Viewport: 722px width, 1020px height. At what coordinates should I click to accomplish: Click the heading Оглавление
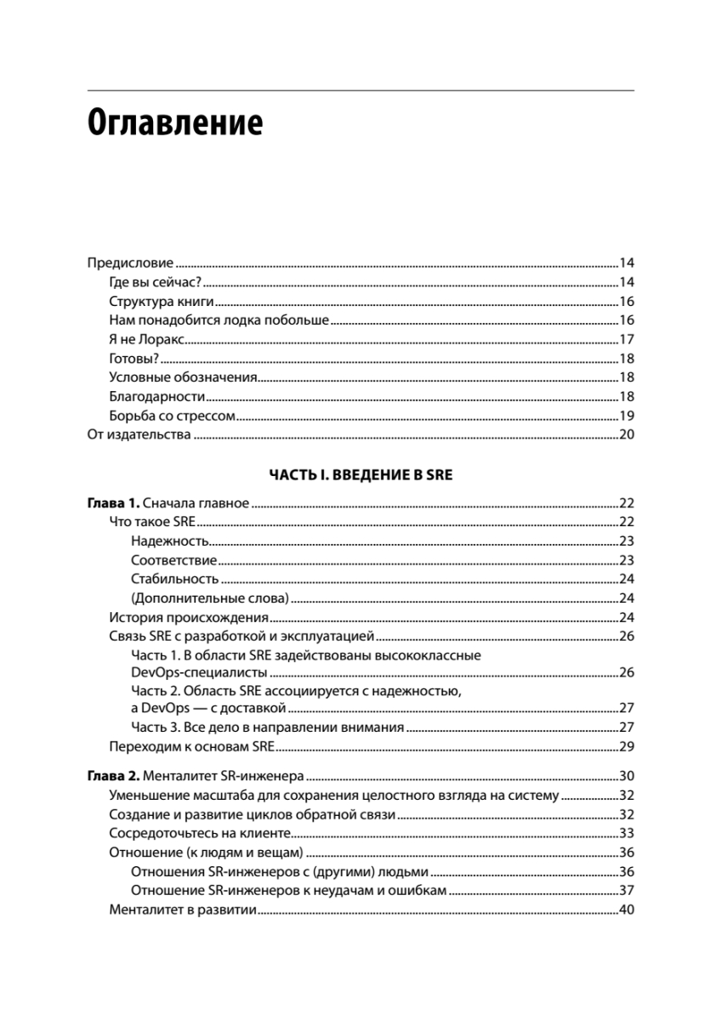(175, 123)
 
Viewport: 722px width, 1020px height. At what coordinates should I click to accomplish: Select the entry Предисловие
(131, 263)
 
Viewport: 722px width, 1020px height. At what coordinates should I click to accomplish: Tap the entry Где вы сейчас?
(155, 282)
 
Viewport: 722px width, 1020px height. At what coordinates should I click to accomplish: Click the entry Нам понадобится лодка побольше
(219, 320)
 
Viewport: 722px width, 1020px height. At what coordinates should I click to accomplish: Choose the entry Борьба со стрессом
(172, 416)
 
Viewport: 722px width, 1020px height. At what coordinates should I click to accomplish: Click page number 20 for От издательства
(627, 436)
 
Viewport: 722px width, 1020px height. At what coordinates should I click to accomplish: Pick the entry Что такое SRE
(147, 522)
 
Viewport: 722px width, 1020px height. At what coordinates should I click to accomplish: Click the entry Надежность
(170, 541)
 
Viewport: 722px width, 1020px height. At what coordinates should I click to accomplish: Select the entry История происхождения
(190, 617)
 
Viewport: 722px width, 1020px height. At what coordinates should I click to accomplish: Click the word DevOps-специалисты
(201, 673)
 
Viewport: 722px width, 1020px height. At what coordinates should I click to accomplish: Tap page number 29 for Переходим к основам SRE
(627, 748)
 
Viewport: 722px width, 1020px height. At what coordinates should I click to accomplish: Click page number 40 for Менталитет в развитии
(627, 910)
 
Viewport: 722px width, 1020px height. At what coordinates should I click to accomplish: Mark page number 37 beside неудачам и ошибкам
(627, 891)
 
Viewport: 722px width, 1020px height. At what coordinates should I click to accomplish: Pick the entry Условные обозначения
(184, 378)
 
